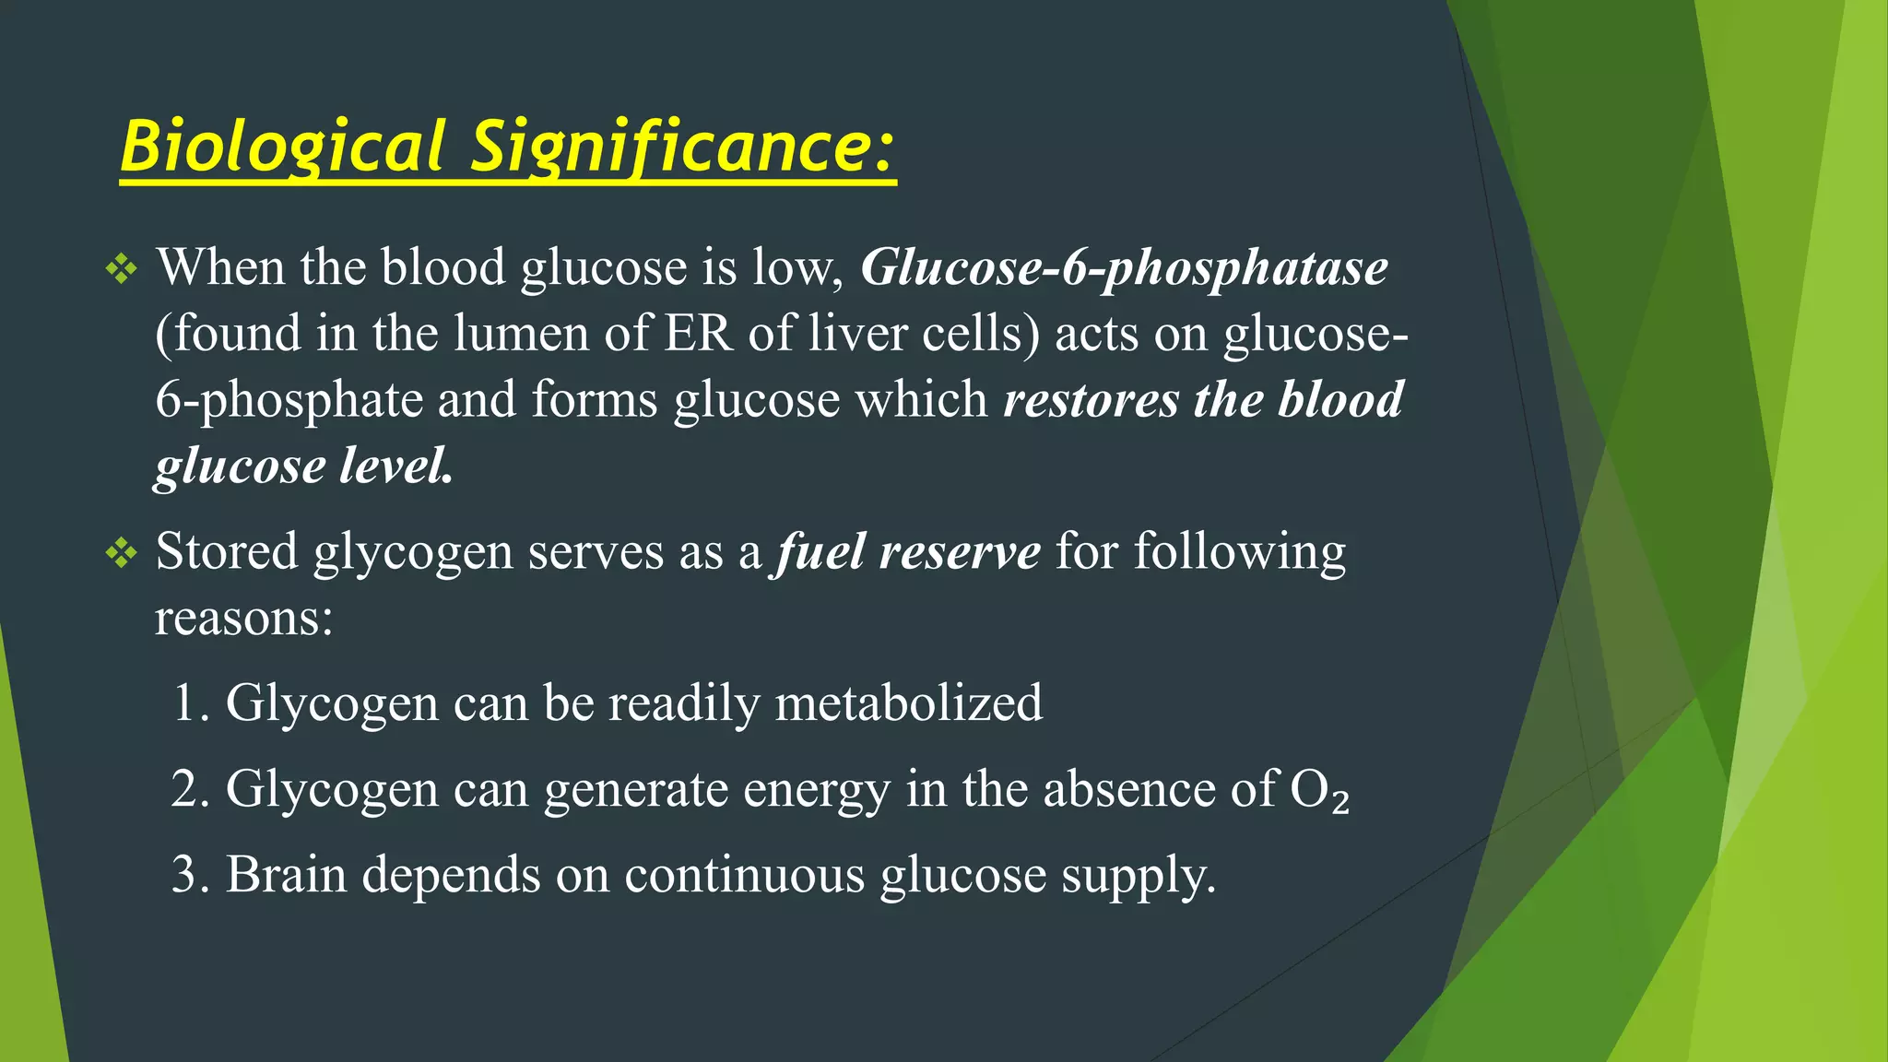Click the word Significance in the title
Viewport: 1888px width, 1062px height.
pyautogui.click(x=682, y=147)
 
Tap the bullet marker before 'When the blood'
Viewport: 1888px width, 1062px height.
pyautogui.click(x=122, y=270)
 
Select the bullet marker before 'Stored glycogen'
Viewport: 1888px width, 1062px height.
pyautogui.click(x=122, y=553)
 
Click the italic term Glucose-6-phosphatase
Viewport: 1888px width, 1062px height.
pyautogui.click(x=1124, y=268)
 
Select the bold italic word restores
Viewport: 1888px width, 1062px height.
pyautogui.click(x=1091, y=400)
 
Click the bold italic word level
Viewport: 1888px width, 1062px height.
pyautogui.click(x=395, y=466)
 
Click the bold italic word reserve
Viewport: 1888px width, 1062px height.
pyautogui.click(x=960, y=553)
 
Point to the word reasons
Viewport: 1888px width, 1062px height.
pyautogui.click(x=243, y=618)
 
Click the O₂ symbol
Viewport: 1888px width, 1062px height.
pyautogui.click(x=1319, y=790)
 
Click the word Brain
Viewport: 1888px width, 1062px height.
pyautogui.click(x=286, y=875)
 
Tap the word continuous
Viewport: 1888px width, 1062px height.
pyautogui.click(x=744, y=875)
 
